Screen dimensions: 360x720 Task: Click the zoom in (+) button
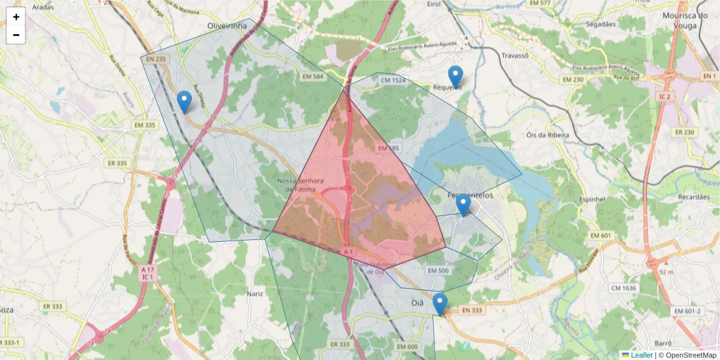(x=16, y=17)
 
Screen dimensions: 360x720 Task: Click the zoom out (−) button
(x=16, y=35)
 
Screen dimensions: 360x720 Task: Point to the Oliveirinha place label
(x=227, y=26)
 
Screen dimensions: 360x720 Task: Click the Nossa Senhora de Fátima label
(x=301, y=185)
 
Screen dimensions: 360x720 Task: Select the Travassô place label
(x=514, y=55)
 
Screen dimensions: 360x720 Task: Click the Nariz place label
(x=256, y=293)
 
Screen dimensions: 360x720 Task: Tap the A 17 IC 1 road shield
(x=148, y=274)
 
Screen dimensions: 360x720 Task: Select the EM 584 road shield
(x=313, y=77)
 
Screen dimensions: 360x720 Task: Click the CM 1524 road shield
(x=393, y=80)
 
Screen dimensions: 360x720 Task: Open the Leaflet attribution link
(x=641, y=355)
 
